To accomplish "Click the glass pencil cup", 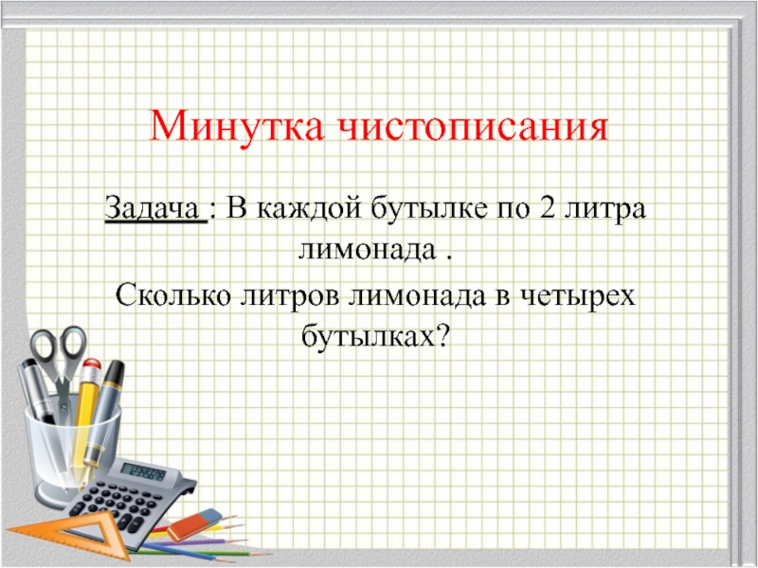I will click(71, 445).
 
